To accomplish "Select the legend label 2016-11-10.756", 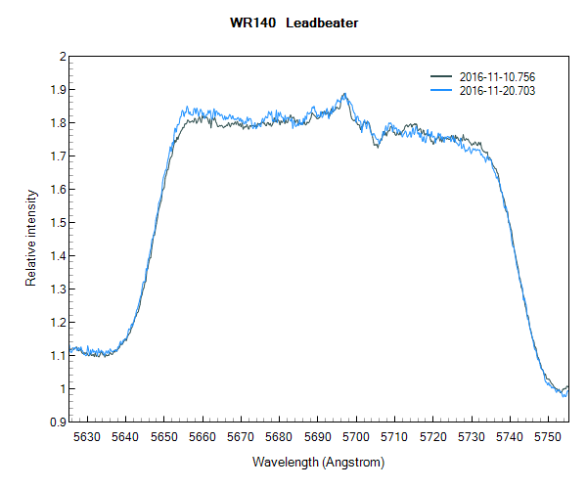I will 497,76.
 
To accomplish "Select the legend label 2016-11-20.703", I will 497,90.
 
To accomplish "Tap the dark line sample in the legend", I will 442,76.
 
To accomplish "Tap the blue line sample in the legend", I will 442,90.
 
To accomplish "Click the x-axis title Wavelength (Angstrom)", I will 318,462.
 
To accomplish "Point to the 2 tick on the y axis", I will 62,57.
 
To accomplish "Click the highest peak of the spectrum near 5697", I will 344,94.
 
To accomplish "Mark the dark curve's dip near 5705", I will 377,147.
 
